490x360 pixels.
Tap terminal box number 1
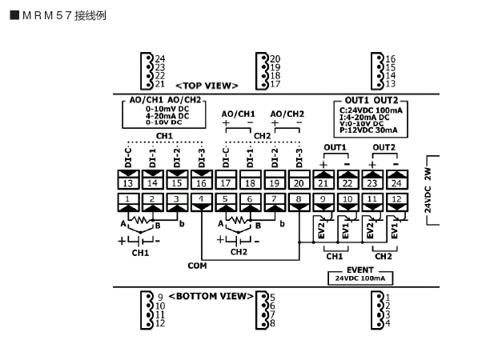click(x=128, y=199)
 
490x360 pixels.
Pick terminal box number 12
click(x=396, y=199)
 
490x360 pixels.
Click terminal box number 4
click(x=201, y=199)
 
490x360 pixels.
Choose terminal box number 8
click(x=299, y=199)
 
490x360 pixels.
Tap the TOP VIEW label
click(x=207, y=85)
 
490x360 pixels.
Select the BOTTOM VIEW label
click(x=211, y=296)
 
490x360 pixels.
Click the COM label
click(x=197, y=265)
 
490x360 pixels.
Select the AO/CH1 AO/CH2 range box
click(x=165, y=113)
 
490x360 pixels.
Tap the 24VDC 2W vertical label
click(x=428, y=190)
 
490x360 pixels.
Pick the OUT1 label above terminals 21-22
click(x=335, y=147)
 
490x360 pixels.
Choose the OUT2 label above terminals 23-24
click(x=384, y=147)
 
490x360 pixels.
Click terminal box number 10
click(x=347, y=199)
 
